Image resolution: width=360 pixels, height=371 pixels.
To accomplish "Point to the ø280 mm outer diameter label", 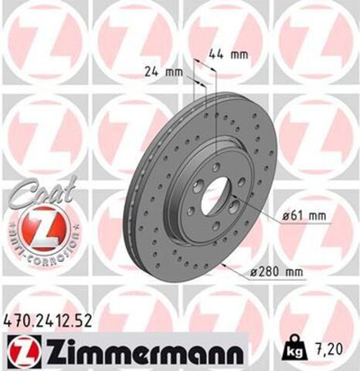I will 280,270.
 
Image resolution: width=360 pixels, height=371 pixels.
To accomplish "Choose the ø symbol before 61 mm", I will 283,213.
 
